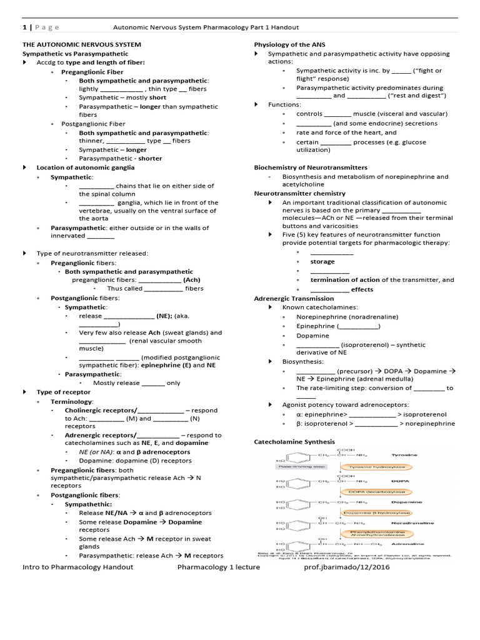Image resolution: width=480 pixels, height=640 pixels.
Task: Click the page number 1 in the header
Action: [24, 27]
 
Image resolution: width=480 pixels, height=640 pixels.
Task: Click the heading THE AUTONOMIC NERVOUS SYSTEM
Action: [82, 45]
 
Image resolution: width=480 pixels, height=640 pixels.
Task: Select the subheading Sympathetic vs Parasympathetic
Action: [76, 54]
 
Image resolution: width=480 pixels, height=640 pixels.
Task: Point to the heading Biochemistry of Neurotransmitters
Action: [311, 167]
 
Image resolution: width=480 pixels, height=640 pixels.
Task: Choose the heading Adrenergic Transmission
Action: [294, 299]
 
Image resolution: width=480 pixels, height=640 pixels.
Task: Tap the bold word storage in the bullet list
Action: [322, 261]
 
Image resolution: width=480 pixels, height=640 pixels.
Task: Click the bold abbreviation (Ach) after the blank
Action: [192, 280]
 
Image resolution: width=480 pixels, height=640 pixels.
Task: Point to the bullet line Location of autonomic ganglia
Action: [82, 167]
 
